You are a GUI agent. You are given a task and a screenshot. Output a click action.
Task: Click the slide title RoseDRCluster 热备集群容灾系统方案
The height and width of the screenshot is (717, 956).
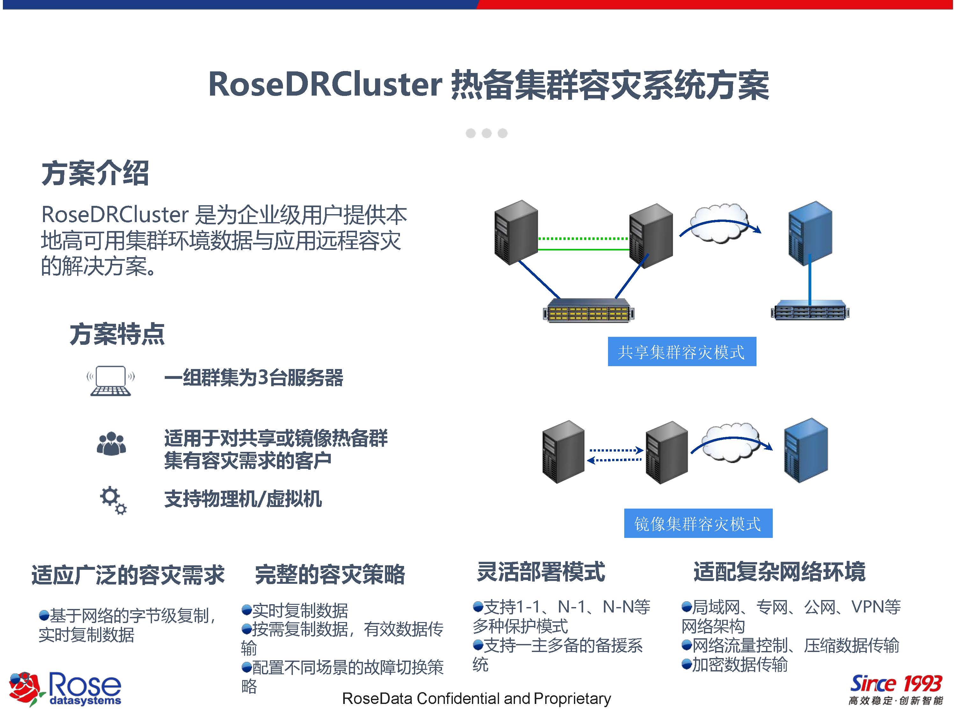[489, 85]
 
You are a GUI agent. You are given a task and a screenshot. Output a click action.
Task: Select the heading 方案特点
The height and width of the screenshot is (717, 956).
[117, 334]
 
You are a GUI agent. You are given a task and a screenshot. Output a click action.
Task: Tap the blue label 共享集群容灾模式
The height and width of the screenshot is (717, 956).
[682, 352]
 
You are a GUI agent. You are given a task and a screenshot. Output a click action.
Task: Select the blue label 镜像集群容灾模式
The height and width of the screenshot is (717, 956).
[698, 523]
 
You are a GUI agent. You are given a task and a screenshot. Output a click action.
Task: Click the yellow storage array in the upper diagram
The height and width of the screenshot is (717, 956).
[588, 311]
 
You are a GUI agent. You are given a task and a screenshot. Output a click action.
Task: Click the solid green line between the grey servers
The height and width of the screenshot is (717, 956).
[583, 250]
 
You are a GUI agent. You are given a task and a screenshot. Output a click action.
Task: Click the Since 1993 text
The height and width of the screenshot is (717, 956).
[895, 684]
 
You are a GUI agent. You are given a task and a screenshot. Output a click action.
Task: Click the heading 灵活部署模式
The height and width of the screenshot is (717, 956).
[541, 572]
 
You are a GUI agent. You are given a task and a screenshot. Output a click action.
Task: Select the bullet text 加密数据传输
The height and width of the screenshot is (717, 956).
[740, 665]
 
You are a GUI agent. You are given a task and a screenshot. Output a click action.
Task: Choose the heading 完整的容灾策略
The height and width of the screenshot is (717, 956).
[330, 574]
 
